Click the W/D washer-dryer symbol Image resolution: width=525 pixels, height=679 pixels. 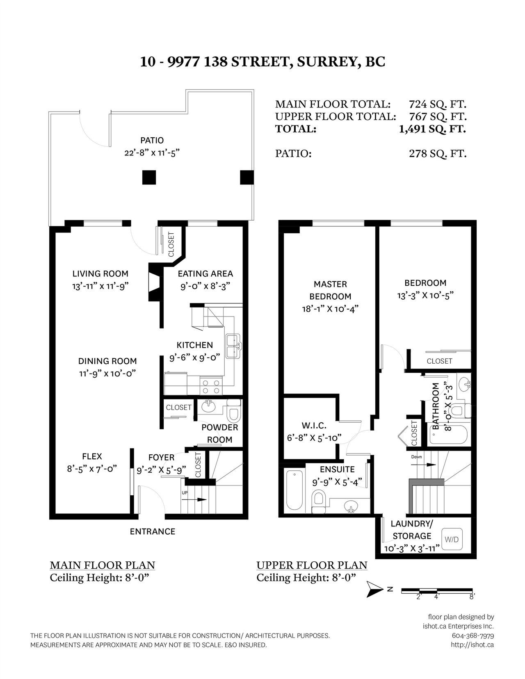452,539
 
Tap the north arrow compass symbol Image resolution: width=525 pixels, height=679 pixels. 375,589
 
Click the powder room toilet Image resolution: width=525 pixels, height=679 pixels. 234,410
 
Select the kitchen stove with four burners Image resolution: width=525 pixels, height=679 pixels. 211,386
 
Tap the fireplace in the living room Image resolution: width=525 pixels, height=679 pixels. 155,282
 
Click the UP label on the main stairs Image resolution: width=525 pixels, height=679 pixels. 185,493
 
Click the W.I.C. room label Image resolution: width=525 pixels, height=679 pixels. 314,425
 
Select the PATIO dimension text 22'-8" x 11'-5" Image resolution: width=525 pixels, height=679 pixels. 152,153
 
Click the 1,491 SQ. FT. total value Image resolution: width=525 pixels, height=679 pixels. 432,129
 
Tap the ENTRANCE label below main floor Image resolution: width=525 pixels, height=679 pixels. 153,531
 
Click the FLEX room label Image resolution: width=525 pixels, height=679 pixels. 92,456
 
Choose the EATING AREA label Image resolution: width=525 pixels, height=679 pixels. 205,274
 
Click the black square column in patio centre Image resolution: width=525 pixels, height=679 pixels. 149,178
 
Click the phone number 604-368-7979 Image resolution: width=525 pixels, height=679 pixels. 473,636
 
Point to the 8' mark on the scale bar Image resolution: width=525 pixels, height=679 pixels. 472,597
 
